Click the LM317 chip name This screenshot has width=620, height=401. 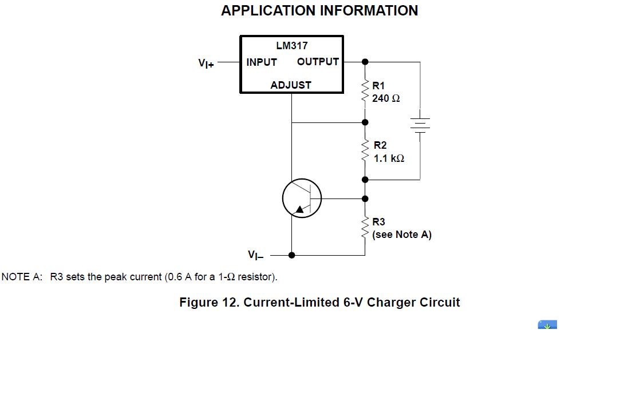coord(291,46)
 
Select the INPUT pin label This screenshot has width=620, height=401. coord(262,62)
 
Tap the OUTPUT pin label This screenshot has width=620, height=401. coord(318,62)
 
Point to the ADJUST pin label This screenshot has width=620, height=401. coord(291,85)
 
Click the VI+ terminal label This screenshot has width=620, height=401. coord(206,63)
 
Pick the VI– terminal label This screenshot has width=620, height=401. coord(255,255)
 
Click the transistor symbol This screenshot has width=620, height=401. coord(302,198)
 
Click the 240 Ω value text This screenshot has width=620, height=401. coord(386,98)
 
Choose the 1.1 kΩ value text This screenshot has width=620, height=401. coord(389,158)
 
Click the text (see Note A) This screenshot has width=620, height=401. coord(401,235)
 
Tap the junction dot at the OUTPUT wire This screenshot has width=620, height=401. coord(365,62)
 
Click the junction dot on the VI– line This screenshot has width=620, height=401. coord(291,255)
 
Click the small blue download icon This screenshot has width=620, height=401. coord(547,325)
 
